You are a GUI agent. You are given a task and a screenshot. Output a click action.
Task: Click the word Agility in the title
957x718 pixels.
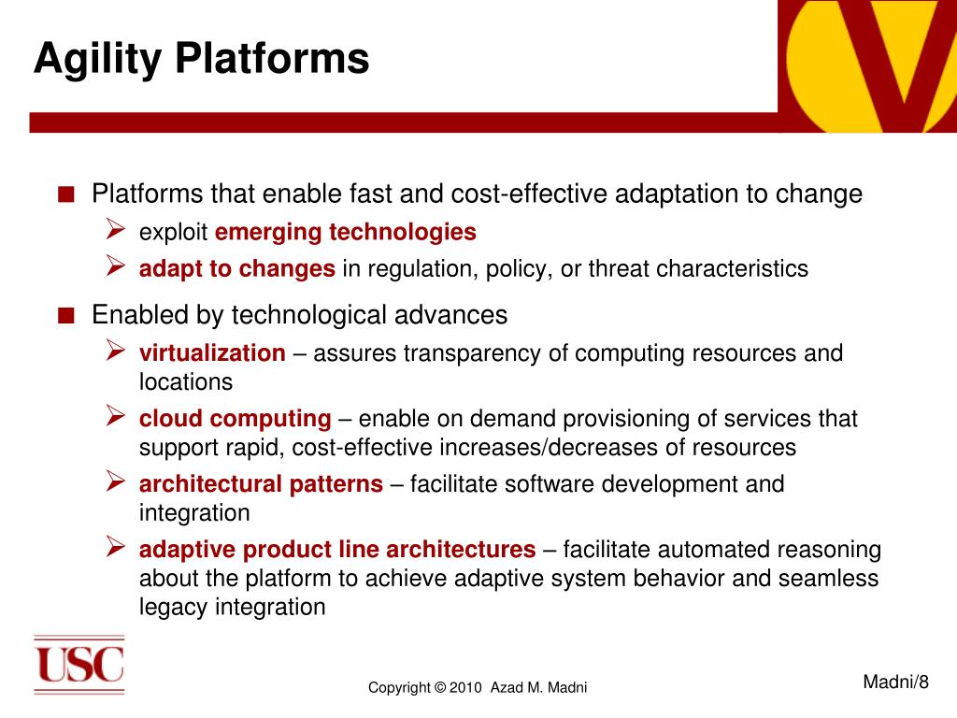[x=97, y=60]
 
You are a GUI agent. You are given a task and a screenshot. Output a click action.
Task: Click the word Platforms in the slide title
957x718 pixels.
[x=272, y=58]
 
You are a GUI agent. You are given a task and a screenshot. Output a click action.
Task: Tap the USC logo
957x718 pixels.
[x=79, y=665]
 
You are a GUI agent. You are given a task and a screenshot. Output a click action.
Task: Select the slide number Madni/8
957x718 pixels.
[x=895, y=682]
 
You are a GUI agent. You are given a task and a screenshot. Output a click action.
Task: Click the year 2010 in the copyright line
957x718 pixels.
[x=465, y=687]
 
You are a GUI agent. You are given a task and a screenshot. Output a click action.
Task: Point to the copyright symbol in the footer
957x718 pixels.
[x=439, y=687]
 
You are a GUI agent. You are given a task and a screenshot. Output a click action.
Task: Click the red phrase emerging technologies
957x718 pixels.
[x=346, y=232]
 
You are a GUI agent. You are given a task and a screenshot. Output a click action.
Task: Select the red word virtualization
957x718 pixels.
[x=212, y=352]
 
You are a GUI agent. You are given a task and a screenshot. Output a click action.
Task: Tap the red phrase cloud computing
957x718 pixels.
[x=235, y=420]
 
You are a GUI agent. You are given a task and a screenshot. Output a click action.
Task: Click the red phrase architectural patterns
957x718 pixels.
[x=262, y=484]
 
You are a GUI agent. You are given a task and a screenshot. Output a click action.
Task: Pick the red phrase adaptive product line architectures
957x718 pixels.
[x=337, y=550]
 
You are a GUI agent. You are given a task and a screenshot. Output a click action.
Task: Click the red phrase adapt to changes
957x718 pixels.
[x=236, y=269]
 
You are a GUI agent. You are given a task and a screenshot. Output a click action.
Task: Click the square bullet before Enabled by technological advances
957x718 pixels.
[x=66, y=316]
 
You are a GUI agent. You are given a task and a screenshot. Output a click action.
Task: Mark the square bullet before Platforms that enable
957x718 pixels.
[x=66, y=194]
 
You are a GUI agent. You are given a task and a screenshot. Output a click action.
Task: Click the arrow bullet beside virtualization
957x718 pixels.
[x=115, y=350]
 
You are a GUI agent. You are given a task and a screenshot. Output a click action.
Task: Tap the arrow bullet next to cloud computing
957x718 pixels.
[x=115, y=415]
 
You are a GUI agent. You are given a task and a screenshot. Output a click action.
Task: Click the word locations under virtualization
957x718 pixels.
[x=186, y=382]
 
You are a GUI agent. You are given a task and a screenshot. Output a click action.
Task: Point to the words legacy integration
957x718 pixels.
[x=232, y=608]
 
